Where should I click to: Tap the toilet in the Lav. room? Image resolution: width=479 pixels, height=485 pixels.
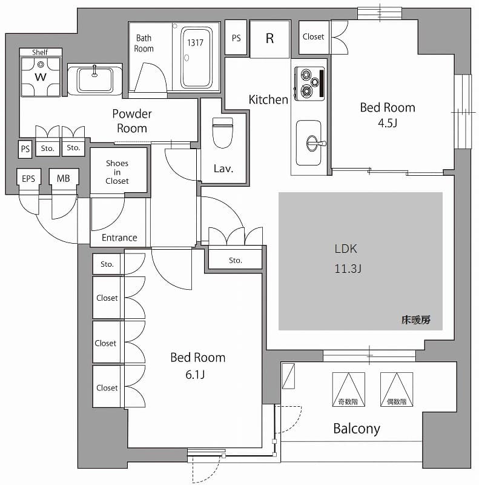click(223, 132)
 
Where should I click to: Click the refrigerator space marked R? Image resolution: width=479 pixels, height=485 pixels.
click(269, 38)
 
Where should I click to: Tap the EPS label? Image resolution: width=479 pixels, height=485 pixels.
click(28, 178)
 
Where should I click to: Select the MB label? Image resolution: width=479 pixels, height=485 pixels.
click(63, 178)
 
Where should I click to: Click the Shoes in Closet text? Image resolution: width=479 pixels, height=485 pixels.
click(117, 172)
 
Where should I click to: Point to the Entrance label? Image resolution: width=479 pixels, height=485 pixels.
click(119, 238)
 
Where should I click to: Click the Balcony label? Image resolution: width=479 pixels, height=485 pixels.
click(357, 429)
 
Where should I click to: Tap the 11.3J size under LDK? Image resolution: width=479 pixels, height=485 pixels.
click(348, 269)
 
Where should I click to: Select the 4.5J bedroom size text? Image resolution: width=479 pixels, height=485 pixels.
click(388, 123)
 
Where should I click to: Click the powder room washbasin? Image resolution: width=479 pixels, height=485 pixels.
click(94, 79)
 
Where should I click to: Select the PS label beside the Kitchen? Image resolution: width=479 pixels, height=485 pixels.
click(236, 38)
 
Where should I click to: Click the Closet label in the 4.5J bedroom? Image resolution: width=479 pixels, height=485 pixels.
click(313, 36)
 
